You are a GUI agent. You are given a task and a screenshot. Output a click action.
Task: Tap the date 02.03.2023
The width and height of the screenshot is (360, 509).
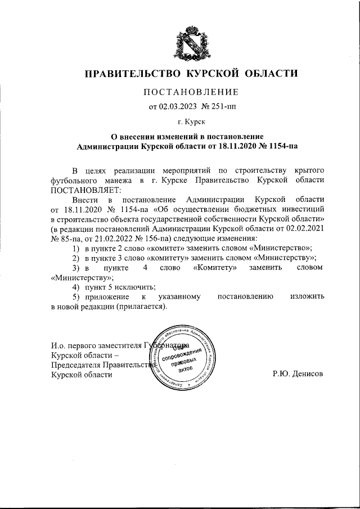click(169, 106)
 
